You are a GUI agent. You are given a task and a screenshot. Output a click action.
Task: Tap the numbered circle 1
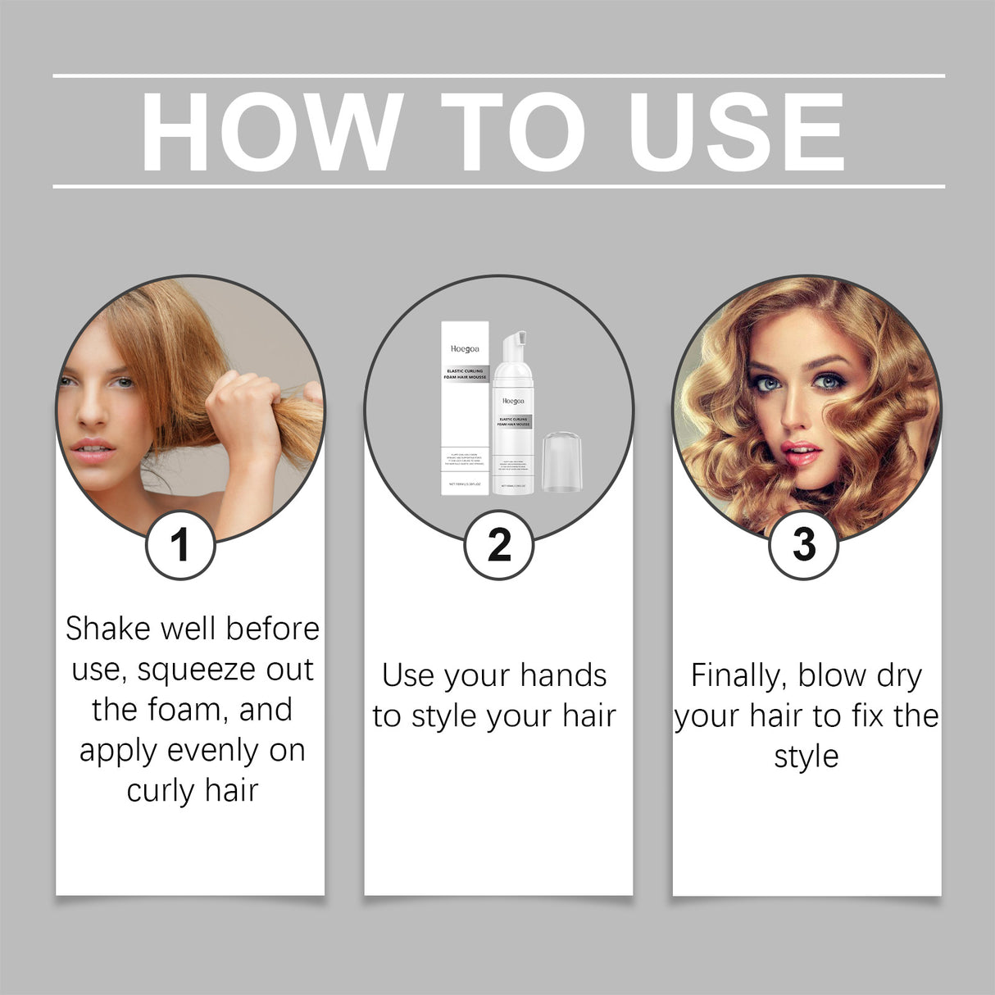(180, 545)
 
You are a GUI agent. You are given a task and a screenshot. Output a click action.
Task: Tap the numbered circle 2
(498, 545)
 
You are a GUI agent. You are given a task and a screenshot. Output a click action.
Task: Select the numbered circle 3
(804, 545)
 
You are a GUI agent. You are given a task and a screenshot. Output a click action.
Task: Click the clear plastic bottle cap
(565, 463)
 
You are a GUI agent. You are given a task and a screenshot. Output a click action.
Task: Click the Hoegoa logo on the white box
(465, 348)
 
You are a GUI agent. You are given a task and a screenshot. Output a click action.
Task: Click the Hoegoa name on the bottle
(513, 401)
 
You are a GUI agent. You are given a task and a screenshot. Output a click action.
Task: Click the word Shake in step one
(108, 629)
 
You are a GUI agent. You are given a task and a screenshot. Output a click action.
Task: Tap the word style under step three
(806, 756)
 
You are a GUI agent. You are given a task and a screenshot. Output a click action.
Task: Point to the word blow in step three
(831, 676)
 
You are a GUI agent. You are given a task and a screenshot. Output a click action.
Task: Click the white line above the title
(498, 76)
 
